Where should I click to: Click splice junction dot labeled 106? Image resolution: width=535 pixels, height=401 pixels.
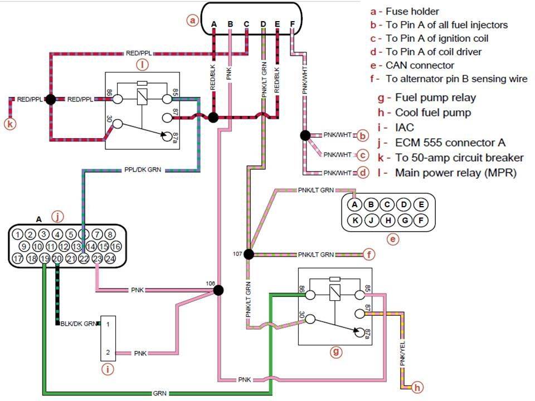click(218, 290)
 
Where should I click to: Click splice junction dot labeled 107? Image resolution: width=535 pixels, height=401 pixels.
click(249, 255)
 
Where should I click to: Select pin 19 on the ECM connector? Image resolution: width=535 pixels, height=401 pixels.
click(44, 258)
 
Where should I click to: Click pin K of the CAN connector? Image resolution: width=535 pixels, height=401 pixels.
click(354, 220)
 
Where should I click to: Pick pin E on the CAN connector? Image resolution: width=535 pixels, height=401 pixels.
click(422, 204)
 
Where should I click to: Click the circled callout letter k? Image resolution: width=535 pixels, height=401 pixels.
click(9, 124)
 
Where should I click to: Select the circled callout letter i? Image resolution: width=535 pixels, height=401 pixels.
click(108, 368)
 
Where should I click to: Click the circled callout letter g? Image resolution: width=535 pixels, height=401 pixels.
click(335, 351)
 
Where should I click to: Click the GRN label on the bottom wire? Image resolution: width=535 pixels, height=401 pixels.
click(159, 393)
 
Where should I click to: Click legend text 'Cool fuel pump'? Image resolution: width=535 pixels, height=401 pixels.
click(432, 113)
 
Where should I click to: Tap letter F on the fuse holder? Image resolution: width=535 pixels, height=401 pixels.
click(293, 24)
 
